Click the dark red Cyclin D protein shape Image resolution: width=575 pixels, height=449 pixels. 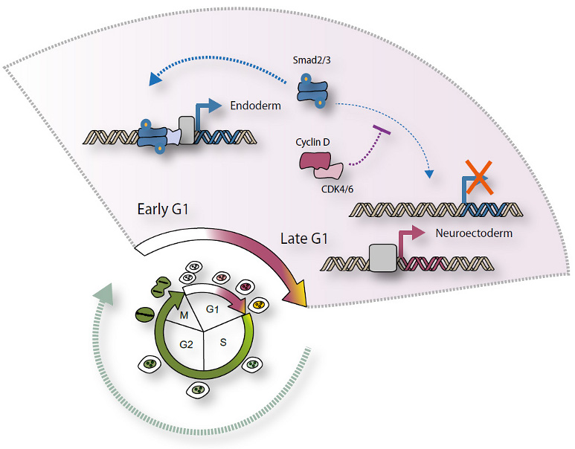(317, 159)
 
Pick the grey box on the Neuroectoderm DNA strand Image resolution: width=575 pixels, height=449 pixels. (383, 260)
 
